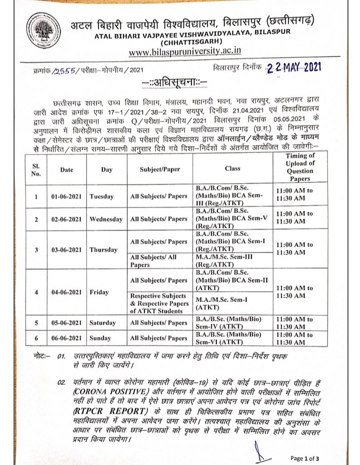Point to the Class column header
coord(232,168)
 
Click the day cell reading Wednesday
coord(106,219)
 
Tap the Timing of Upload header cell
coord(300,168)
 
